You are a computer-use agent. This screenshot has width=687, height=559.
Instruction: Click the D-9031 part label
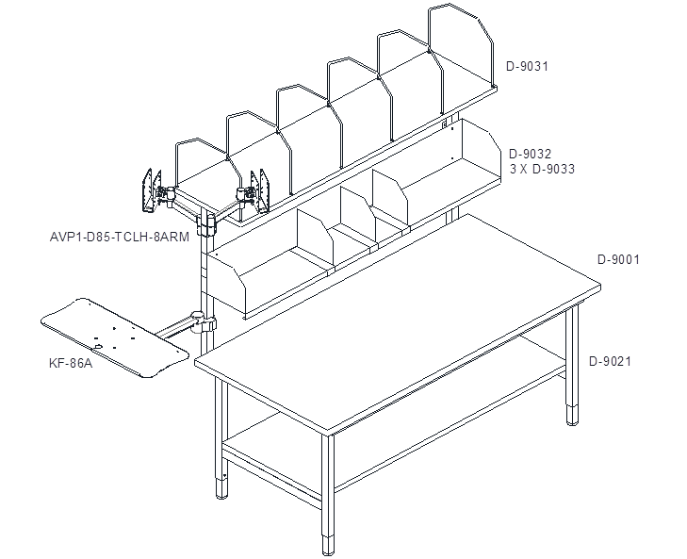click(x=527, y=67)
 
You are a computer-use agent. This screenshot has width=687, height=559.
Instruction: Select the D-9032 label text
click(x=530, y=154)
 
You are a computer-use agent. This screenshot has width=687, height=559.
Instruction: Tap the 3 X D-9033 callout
click(x=542, y=169)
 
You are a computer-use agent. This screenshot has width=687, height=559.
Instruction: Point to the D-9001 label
click(x=618, y=259)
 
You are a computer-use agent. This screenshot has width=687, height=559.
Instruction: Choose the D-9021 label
click(x=610, y=362)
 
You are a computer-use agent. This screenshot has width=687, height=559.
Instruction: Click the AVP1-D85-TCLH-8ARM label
click(x=120, y=238)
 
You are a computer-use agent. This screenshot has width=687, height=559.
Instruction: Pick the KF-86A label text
click(x=71, y=364)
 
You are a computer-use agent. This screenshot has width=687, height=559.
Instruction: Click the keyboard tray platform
click(x=115, y=337)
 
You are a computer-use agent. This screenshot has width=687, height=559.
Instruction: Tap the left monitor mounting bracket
click(x=152, y=190)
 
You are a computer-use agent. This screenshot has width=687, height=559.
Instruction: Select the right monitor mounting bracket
click(x=260, y=191)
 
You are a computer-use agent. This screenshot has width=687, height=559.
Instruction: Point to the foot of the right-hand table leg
click(x=572, y=415)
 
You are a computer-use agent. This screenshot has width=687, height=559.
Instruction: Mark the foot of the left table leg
click(x=222, y=489)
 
